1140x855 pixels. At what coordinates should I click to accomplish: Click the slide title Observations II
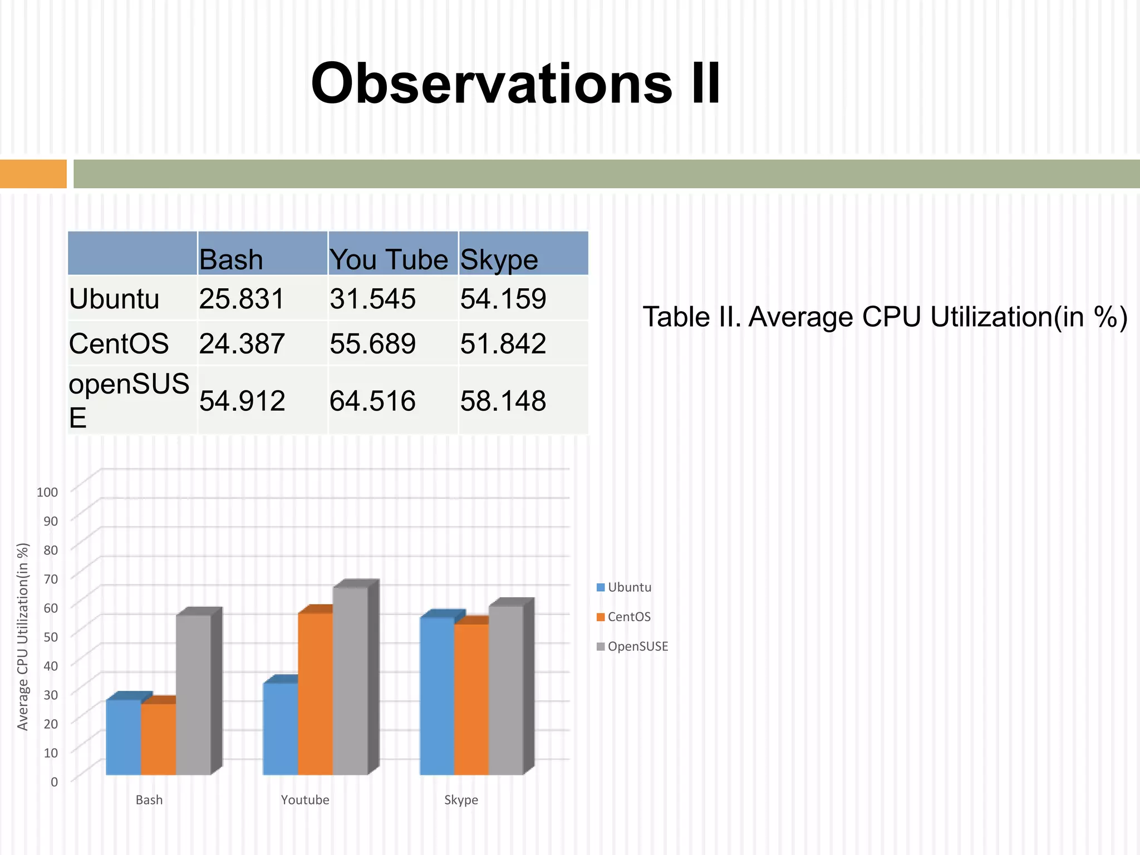[x=515, y=83]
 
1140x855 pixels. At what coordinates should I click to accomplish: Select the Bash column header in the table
[x=231, y=259]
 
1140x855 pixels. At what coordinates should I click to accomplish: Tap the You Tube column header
[x=389, y=259]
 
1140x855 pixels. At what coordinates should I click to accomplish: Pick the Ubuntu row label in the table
[x=114, y=299]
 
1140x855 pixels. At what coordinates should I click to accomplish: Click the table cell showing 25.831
[x=242, y=299]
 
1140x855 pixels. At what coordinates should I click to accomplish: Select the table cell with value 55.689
[x=372, y=343]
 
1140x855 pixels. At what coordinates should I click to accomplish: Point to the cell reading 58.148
[x=503, y=401]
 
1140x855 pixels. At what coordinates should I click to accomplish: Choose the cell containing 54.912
[x=242, y=401]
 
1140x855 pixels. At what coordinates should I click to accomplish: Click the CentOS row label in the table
[x=119, y=343]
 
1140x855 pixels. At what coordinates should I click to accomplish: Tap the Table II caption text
[x=885, y=317]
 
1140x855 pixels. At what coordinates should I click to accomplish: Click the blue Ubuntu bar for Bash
[x=123, y=737]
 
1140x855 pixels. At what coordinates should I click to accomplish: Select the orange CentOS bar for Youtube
[x=315, y=693]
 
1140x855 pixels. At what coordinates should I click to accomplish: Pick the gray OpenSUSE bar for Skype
[x=505, y=690]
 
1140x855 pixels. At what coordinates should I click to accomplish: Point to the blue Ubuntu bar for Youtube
[x=280, y=729]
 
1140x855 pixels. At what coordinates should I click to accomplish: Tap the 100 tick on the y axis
[x=47, y=492]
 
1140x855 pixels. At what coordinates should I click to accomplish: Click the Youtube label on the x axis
[x=305, y=800]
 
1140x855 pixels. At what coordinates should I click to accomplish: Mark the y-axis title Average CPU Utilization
[x=23, y=636]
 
